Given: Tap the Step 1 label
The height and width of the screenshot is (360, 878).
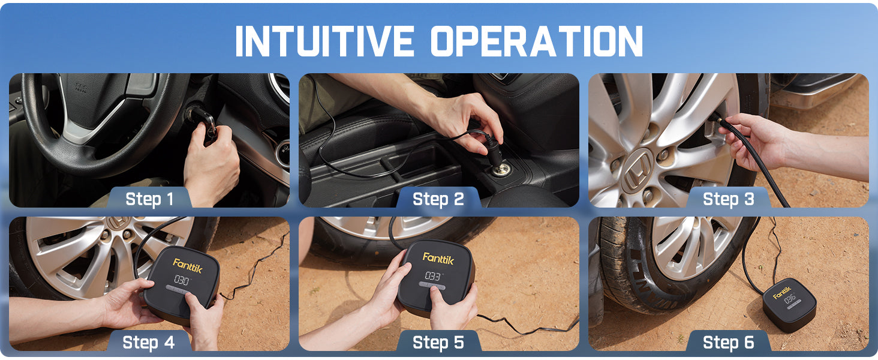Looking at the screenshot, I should tap(149, 199).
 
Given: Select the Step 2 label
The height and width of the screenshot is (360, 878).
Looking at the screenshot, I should tap(438, 199).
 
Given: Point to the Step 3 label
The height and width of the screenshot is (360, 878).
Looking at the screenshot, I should tap(728, 199).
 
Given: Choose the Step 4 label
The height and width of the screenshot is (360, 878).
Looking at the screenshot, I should tap(149, 342).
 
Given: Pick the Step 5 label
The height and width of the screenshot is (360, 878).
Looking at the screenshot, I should tap(438, 342).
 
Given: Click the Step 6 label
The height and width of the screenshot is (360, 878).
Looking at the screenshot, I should tap(728, 342).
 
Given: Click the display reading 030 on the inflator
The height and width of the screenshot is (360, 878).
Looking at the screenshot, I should tap(182, 280).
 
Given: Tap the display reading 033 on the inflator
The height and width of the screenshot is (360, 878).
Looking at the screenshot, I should tap(432, 275).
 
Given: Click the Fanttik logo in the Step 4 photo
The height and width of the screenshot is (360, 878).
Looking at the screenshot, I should tap(188, 264).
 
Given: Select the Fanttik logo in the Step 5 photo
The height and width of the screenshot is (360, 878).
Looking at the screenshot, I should tap(438, 257).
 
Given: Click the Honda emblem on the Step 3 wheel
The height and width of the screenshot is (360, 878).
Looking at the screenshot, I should tap(638, 169).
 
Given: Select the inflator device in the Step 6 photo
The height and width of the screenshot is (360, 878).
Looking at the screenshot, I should tap(789, 305).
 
